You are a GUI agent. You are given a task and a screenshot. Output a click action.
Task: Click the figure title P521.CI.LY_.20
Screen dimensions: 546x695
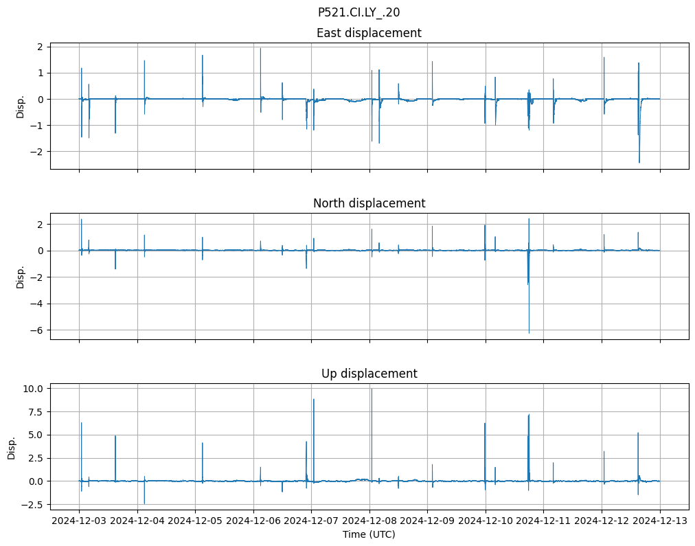point(358,12)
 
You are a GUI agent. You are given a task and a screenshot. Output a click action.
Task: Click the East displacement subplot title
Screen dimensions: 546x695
point(369,33)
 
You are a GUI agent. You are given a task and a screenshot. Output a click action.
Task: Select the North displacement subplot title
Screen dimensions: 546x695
point(369,203)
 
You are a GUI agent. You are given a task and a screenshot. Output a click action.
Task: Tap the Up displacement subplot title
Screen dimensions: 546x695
point(369,374)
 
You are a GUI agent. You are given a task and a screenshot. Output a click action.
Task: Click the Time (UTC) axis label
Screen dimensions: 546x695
point(369,534)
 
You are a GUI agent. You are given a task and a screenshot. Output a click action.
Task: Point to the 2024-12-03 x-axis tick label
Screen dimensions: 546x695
point(79,521)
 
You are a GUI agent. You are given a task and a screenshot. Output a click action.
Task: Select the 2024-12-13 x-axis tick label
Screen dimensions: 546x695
point(660,521)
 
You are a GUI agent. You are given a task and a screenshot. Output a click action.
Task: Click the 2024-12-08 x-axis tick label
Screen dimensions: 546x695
point(369,521)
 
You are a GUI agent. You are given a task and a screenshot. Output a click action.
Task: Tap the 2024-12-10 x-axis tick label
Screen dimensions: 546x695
point(486,521)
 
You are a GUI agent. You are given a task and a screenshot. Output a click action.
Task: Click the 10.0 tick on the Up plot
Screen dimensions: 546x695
point(34,389)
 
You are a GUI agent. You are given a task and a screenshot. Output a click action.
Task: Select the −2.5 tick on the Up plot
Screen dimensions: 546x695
point(33,505)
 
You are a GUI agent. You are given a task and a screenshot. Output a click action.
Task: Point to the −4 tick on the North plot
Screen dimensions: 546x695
point(37,304)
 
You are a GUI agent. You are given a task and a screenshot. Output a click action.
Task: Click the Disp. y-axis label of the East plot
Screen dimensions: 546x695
point(21,106)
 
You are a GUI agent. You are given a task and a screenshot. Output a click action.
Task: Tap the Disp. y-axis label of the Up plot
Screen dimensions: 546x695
point(12,447)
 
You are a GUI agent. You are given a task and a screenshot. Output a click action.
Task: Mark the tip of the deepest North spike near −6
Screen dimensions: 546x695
point(529,333)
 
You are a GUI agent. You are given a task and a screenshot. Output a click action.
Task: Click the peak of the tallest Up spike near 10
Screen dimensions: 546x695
point(372,389)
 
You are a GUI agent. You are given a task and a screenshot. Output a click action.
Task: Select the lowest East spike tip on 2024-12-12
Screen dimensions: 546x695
point(639,163)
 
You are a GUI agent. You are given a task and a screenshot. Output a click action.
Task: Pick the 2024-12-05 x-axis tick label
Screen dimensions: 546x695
point(195,521)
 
